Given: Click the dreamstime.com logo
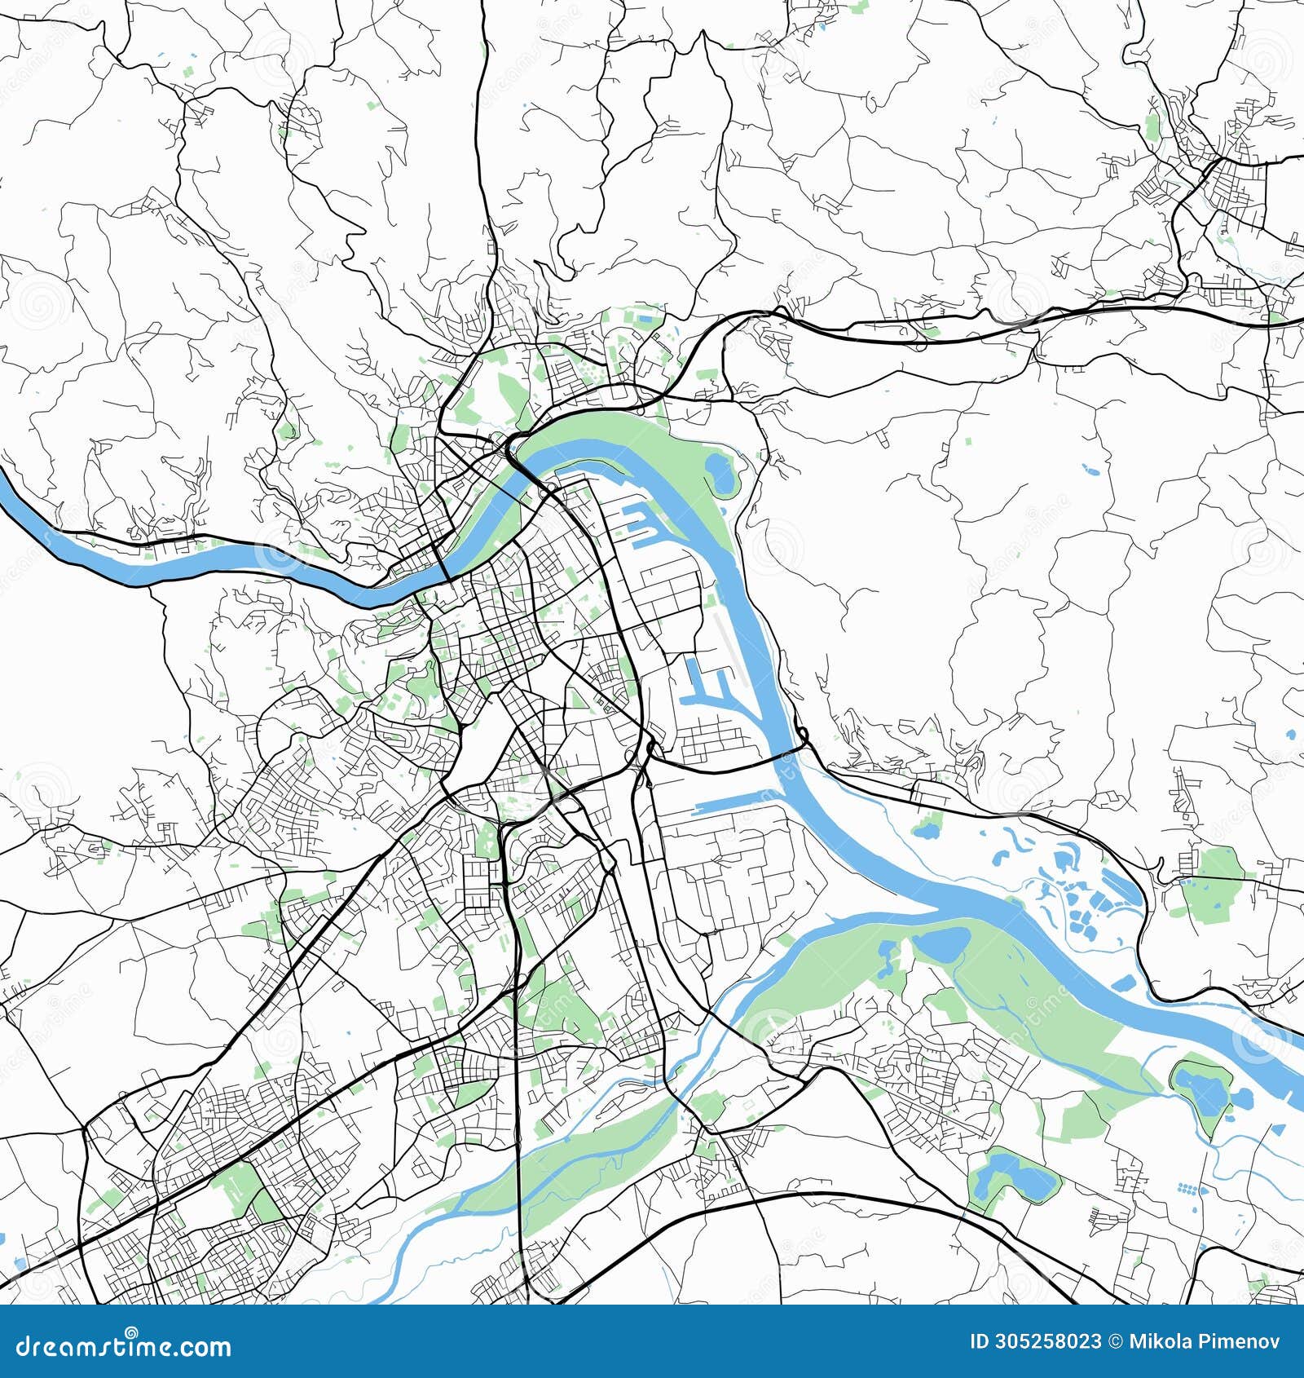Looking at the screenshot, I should (124, 1346).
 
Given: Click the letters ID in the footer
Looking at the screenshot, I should (980, 1342).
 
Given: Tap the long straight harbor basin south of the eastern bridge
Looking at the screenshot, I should (733, 803).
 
